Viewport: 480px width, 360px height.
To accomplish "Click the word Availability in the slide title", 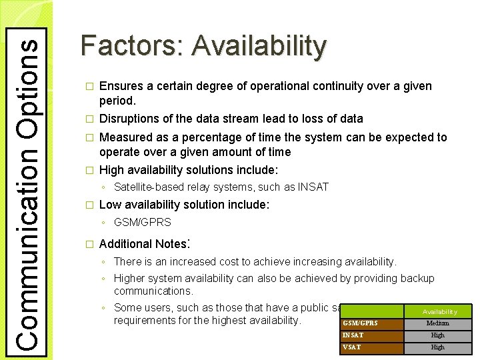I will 259,46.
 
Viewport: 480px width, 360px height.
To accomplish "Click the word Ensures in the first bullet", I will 119,86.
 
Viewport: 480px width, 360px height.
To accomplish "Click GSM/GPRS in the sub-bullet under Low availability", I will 143,222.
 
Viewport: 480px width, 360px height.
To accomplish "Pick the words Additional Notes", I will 143,244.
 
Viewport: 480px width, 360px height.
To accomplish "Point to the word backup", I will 413,278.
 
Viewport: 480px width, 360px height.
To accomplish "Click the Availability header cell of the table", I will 439,311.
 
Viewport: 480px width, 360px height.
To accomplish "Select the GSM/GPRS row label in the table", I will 360,323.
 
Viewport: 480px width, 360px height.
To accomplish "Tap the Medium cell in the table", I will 438,323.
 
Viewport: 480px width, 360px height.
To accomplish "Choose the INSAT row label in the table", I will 353,335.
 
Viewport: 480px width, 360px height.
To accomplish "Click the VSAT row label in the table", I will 351,347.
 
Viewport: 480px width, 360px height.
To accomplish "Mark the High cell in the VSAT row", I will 438,347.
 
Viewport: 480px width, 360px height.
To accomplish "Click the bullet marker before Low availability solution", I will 91,205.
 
